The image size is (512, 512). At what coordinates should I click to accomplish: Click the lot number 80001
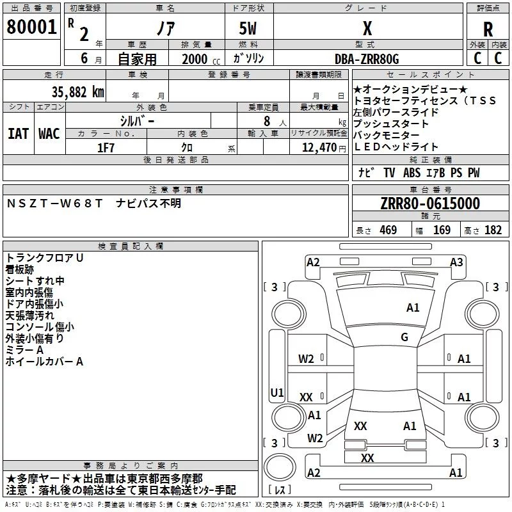click(x=31, y=27)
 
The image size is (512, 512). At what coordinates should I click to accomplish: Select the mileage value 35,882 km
click(x=78, y=92)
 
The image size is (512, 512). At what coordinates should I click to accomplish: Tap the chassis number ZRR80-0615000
click(x=430, y=204)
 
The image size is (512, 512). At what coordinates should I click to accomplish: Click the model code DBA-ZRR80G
click(x=367, y=59)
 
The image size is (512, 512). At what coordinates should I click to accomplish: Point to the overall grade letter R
click(x=488, y=29)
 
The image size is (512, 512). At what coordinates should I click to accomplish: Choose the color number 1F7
click(x=106, y=148)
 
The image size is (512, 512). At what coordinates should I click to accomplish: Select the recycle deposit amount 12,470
click(x=319, y=148)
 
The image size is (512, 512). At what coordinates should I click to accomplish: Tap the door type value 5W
click(x=248, y=28)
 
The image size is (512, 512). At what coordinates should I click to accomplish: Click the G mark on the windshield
click(x=404, y=337)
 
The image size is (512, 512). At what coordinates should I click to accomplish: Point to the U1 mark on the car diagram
click(x=277, y=392)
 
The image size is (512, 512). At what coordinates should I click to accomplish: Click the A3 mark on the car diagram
click(x=456, y=262)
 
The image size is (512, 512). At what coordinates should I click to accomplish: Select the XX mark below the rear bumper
click(x=367, y=458)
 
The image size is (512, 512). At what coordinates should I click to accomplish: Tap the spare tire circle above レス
click(x=280, y=467)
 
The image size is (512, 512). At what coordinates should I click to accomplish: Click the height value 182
click(x=493, y=230)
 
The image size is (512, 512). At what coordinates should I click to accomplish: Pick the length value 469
click(x=388, y=230)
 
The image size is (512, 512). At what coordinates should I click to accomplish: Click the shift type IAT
click(x=18, y=134)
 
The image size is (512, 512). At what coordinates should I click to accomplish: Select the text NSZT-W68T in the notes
click(x=54, y=204)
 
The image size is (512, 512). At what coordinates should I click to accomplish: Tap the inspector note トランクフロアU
click(x=44, y=258)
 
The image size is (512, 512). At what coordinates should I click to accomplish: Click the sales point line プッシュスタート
click(x=390, y=124)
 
